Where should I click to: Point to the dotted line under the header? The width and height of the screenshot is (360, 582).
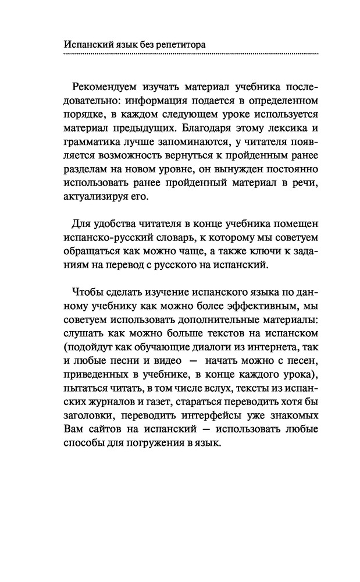click(x=190, y=54)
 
